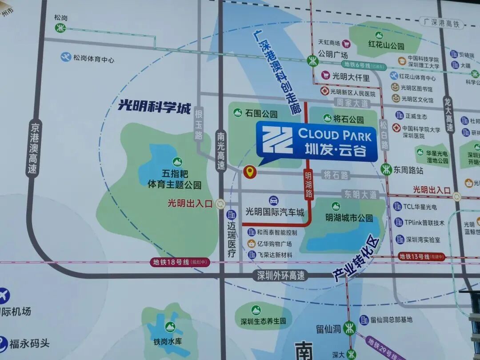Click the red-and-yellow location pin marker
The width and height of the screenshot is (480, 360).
250,172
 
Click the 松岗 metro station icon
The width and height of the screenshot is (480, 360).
60,28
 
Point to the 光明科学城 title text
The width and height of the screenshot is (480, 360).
154,106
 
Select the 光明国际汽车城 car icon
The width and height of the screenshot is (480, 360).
274,200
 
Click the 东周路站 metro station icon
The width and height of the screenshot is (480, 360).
386,169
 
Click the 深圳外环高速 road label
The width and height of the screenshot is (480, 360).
281,276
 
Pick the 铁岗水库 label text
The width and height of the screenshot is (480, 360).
168,342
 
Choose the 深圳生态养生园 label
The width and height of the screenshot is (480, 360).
263,321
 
